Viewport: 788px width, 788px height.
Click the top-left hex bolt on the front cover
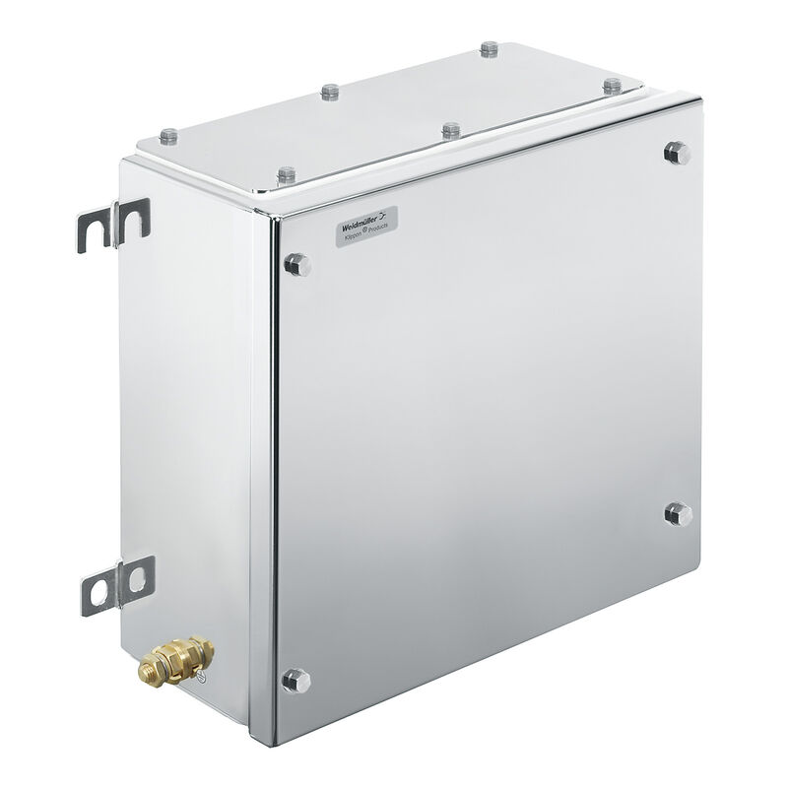295,263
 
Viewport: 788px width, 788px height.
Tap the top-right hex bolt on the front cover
675,151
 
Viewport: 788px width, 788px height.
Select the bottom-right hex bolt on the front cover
677,512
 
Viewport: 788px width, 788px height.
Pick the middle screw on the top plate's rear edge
330,92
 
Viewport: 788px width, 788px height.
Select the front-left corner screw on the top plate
286,175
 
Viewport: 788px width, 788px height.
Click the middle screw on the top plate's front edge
450,129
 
